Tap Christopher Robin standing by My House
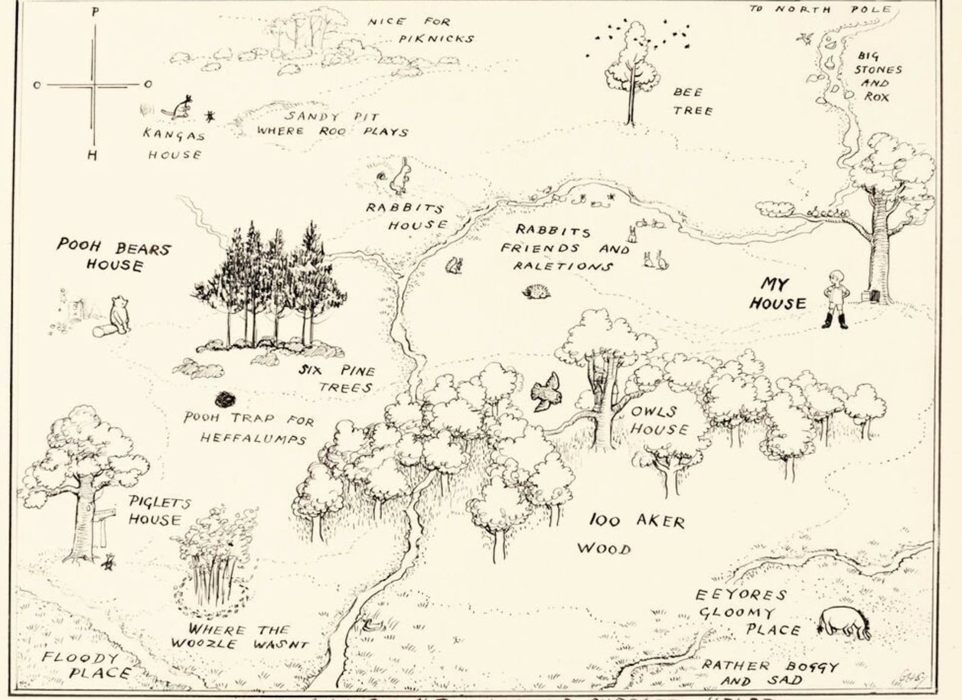click(837, 299)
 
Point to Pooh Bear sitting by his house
click(120, 315)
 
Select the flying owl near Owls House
click(547, 390)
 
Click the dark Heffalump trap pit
click(225, 399)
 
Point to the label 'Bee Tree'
click(692, 101)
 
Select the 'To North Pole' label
click(820, 9)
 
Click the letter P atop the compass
click(95, 12)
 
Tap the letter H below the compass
click(91, 156)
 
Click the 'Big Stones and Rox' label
click(877, 76)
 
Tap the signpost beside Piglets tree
click(104, 522)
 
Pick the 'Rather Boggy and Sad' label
click(769, 673)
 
